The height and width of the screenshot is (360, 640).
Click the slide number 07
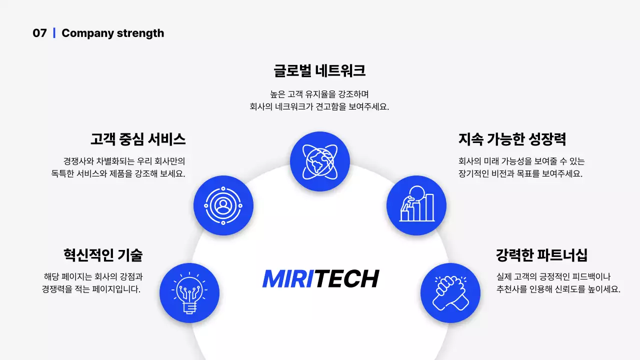[39, 33]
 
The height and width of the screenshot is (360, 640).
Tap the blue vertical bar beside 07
[54, 33]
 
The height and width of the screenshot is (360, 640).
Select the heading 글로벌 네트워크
[319, 70]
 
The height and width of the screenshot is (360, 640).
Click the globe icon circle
[320, 161]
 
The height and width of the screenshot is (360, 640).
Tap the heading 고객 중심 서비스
[138, 138]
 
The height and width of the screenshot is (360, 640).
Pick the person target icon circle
[223, 205]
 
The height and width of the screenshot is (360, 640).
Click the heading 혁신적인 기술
[103, 254]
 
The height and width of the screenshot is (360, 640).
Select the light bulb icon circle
[189, 293]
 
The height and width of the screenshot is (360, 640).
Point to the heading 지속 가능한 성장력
[512, 138]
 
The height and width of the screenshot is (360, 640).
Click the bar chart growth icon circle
[416, 205]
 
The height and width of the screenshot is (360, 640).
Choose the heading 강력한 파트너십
[541, 254]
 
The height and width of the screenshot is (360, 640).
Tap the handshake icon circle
[450, 293]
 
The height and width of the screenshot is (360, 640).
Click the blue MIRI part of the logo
[288, 279]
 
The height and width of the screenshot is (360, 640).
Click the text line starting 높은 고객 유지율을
[319, 94]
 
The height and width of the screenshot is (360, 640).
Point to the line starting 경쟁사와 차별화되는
[124, 161]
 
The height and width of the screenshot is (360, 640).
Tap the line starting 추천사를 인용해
[558, 289]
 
